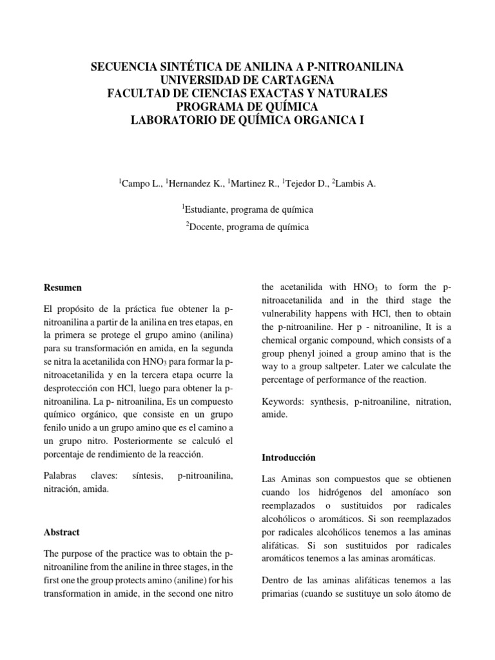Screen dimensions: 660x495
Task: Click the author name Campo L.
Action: (141, 184)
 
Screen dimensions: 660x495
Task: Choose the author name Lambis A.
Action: (354, 184)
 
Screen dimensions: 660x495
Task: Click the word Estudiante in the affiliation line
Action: (206, 209)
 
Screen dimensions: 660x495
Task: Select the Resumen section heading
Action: (63, 287)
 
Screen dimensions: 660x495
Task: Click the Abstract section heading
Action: (61, 532)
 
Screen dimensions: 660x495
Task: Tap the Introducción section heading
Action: (288, 458)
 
